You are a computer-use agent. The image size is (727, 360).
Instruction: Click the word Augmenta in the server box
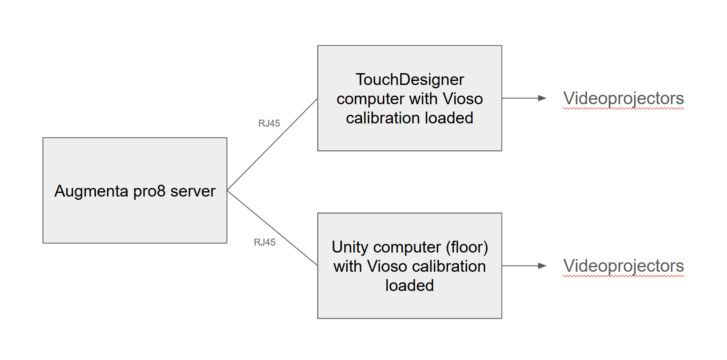coord(91,191)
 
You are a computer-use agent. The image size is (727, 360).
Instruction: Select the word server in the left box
coord(193,191)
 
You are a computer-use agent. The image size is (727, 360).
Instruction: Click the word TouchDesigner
coord(410,79)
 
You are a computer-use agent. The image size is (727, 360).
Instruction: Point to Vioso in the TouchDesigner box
coord(463,99)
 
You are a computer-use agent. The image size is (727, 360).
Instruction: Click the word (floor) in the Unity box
coord(467,247)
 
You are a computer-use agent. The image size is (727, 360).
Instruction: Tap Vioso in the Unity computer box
coord(388,266)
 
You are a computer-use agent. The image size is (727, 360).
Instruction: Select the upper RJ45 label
coord(269,123)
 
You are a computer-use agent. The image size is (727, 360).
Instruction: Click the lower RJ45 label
coord(265,242)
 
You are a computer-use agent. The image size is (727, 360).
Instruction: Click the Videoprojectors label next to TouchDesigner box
coord(623,98)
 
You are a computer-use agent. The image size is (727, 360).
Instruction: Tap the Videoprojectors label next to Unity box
coord(623,266)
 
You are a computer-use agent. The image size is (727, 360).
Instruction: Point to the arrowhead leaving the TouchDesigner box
coord(542,98)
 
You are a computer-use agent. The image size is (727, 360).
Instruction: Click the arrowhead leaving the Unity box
coord(542,266)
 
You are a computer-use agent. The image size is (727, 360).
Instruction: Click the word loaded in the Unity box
coord(409,285)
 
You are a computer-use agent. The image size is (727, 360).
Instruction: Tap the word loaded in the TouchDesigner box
coord(449,118)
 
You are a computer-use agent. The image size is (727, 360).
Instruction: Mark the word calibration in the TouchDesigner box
coord(383,118)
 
